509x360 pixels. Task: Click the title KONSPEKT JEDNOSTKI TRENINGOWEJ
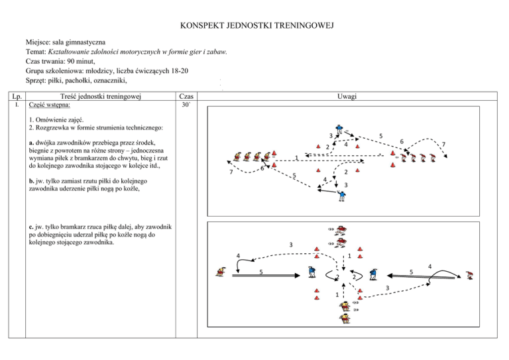tap(256, 26)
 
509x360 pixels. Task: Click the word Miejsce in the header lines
tap(38, 42)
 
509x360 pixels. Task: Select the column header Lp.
tap(17, 96)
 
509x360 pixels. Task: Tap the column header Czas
tap(186, 96)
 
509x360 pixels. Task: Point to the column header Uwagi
tap(347, 96)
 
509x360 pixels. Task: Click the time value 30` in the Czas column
tap(186, 105)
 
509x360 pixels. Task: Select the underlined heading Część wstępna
tap(49, 105)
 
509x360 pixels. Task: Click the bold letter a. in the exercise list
tap(32, 143)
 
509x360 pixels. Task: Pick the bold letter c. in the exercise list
tap(31, 227)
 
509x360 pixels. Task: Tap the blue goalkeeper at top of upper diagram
tap(339, 129)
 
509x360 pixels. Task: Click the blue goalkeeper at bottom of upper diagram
tap(342, 196)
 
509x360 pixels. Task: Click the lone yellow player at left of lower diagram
tap(221, 272)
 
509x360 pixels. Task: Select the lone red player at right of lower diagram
tap(469, 275)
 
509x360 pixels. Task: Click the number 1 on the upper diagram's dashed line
tap(296, 158)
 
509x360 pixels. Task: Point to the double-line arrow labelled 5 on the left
tap(266, 276)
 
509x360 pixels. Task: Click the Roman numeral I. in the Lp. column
tap(17, 105)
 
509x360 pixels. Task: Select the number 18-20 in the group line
tap(180, 71)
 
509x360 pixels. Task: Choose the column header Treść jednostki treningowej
tap(101, 96)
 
